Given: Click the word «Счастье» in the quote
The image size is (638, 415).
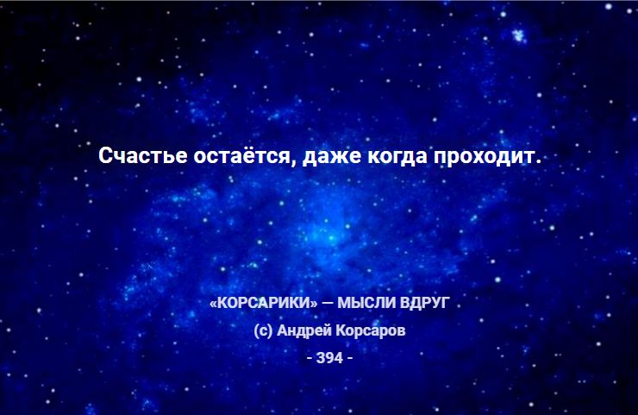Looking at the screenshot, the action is (x=143, y=156).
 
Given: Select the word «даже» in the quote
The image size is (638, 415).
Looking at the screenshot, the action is (x=332, y=157).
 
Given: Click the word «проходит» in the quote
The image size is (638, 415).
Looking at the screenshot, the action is (x=484, y=157).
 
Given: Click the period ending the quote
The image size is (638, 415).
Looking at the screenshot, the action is (x=538, y=162).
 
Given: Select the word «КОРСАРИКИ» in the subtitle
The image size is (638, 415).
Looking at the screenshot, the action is (x=263, y=303).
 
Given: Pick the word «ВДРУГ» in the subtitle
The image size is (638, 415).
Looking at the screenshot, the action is (x=425, y=303).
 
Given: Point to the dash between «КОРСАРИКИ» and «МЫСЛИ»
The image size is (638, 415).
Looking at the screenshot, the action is (x=326, y=303).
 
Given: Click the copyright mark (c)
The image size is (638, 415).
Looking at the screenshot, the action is (x=263, y=330).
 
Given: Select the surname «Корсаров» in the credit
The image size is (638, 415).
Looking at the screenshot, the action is (x=371, y=330).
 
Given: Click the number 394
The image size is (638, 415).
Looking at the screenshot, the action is (x=329, y=358).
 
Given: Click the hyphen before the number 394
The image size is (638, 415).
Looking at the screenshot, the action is (x=310, y=358).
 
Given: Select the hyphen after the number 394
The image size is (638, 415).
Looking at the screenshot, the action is (x=350, y=358).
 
